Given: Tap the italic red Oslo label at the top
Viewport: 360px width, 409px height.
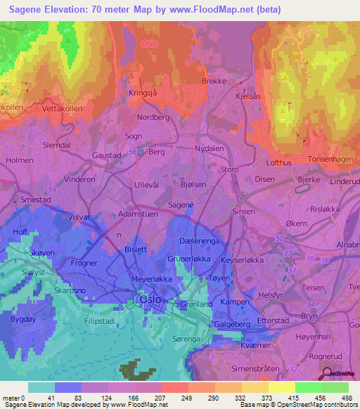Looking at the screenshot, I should pyautogui.click(x=150, y=43).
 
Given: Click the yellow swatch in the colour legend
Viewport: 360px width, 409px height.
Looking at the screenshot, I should pyautogui.click(x=281, y=387).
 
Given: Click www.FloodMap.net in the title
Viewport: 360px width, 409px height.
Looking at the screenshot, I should pyautogui.click(x=207, y=9).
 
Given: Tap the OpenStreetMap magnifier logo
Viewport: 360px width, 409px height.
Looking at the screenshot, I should pyautogui.click(x=328, y=375).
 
